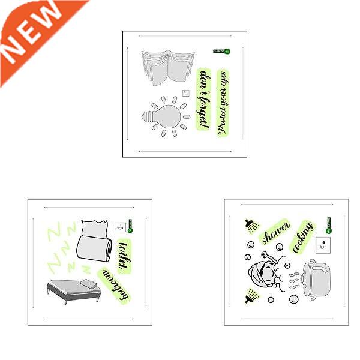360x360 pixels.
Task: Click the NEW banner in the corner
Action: (33, 33)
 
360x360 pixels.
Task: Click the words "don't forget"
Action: (205, 98)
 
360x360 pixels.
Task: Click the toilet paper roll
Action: (94, 242)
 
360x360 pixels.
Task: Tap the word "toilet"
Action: (124, 253)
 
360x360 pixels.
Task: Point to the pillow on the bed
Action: (89, 282)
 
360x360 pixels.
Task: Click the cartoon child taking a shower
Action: (267, 273)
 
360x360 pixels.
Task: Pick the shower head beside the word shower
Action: (250, 226)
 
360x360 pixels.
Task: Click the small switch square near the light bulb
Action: (185, 93)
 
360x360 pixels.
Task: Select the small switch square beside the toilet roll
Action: (118, 227)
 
